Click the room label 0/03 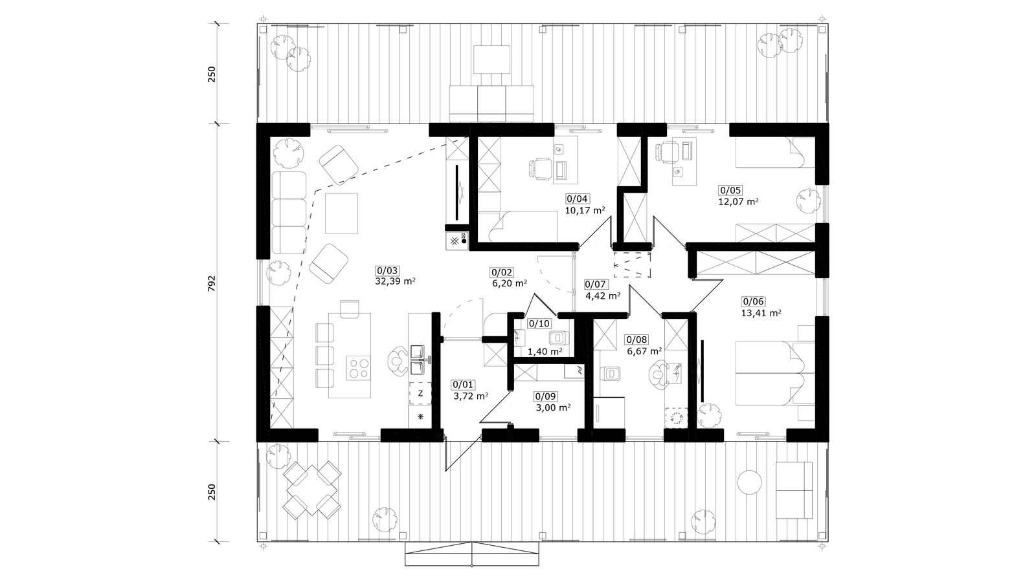(x=388, y=271)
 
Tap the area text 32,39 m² (x=395, y=281)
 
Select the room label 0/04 (x=577, y=199)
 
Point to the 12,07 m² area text (x=738, y=201)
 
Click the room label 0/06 (x=754, y=301)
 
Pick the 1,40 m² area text (x=545, y=351)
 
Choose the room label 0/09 (x=546, y=396)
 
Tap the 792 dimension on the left (x=212, y=283)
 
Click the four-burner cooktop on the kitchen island (x=359, y=368)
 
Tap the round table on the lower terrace (x=749, y=482)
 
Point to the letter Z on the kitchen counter (x=420, y=394)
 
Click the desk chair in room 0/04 (x=540, y=167)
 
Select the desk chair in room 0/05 (x=667, y=152)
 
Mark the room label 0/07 (x=596, y=285)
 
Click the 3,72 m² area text (x=470, y=396)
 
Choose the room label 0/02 (x=502, y=273)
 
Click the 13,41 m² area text (x=761, y=313)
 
